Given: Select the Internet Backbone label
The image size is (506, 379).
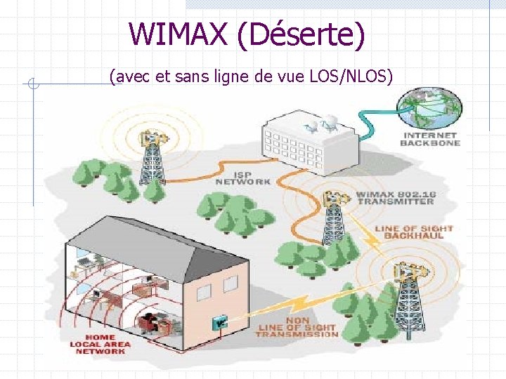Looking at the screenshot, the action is point(430,138).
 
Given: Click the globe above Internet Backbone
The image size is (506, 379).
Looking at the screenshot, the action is point(429,107).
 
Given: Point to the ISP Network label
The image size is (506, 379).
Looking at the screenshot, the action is point(242,177).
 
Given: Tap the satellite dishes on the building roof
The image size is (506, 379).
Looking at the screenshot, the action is point(320,127).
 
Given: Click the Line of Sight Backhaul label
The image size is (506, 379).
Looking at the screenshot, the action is point(414,232).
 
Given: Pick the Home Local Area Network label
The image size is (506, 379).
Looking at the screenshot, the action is point(98,344).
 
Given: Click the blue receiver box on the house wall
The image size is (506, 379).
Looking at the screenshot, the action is point(221,323).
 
